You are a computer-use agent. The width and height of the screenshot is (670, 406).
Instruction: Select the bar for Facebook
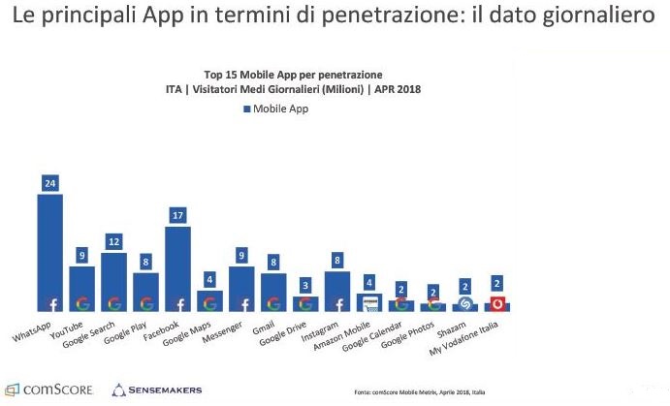[x=178, y=264]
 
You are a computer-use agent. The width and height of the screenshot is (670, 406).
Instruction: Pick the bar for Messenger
[x=241, y=286]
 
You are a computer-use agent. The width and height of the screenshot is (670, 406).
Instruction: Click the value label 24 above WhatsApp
[x=49, y=182]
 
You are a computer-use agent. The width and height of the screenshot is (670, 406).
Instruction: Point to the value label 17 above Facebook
[x=178, y=215]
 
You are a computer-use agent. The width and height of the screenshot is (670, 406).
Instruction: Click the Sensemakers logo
[x=157, y=389]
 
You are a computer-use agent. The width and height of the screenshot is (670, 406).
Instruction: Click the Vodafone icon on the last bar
[x=497, y=303]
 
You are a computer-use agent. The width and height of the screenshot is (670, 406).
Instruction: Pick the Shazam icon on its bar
[x=465, y=303]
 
